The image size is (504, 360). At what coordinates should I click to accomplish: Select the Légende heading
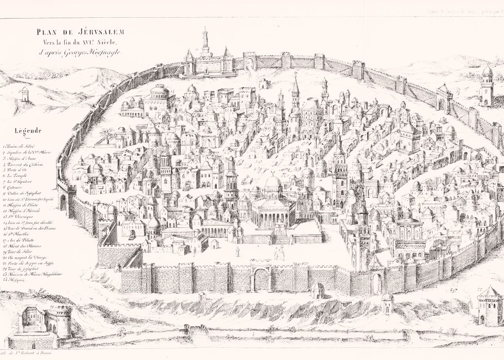coord(27,130)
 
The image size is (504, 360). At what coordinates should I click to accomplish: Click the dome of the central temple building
coord(273,182)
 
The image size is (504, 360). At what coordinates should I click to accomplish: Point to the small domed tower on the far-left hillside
coord(25,94)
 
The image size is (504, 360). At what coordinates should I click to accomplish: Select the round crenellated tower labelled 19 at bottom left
coord(58,319)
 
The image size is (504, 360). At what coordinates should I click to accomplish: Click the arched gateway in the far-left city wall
coord(63,202)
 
